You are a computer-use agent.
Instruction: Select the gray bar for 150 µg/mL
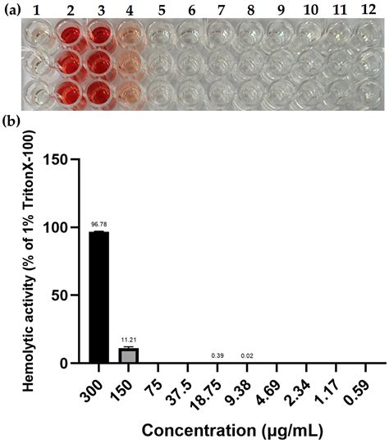tap(126, 355)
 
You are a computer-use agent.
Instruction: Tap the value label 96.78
tap(97, 224)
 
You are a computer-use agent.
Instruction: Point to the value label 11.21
tap(126, 340)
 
